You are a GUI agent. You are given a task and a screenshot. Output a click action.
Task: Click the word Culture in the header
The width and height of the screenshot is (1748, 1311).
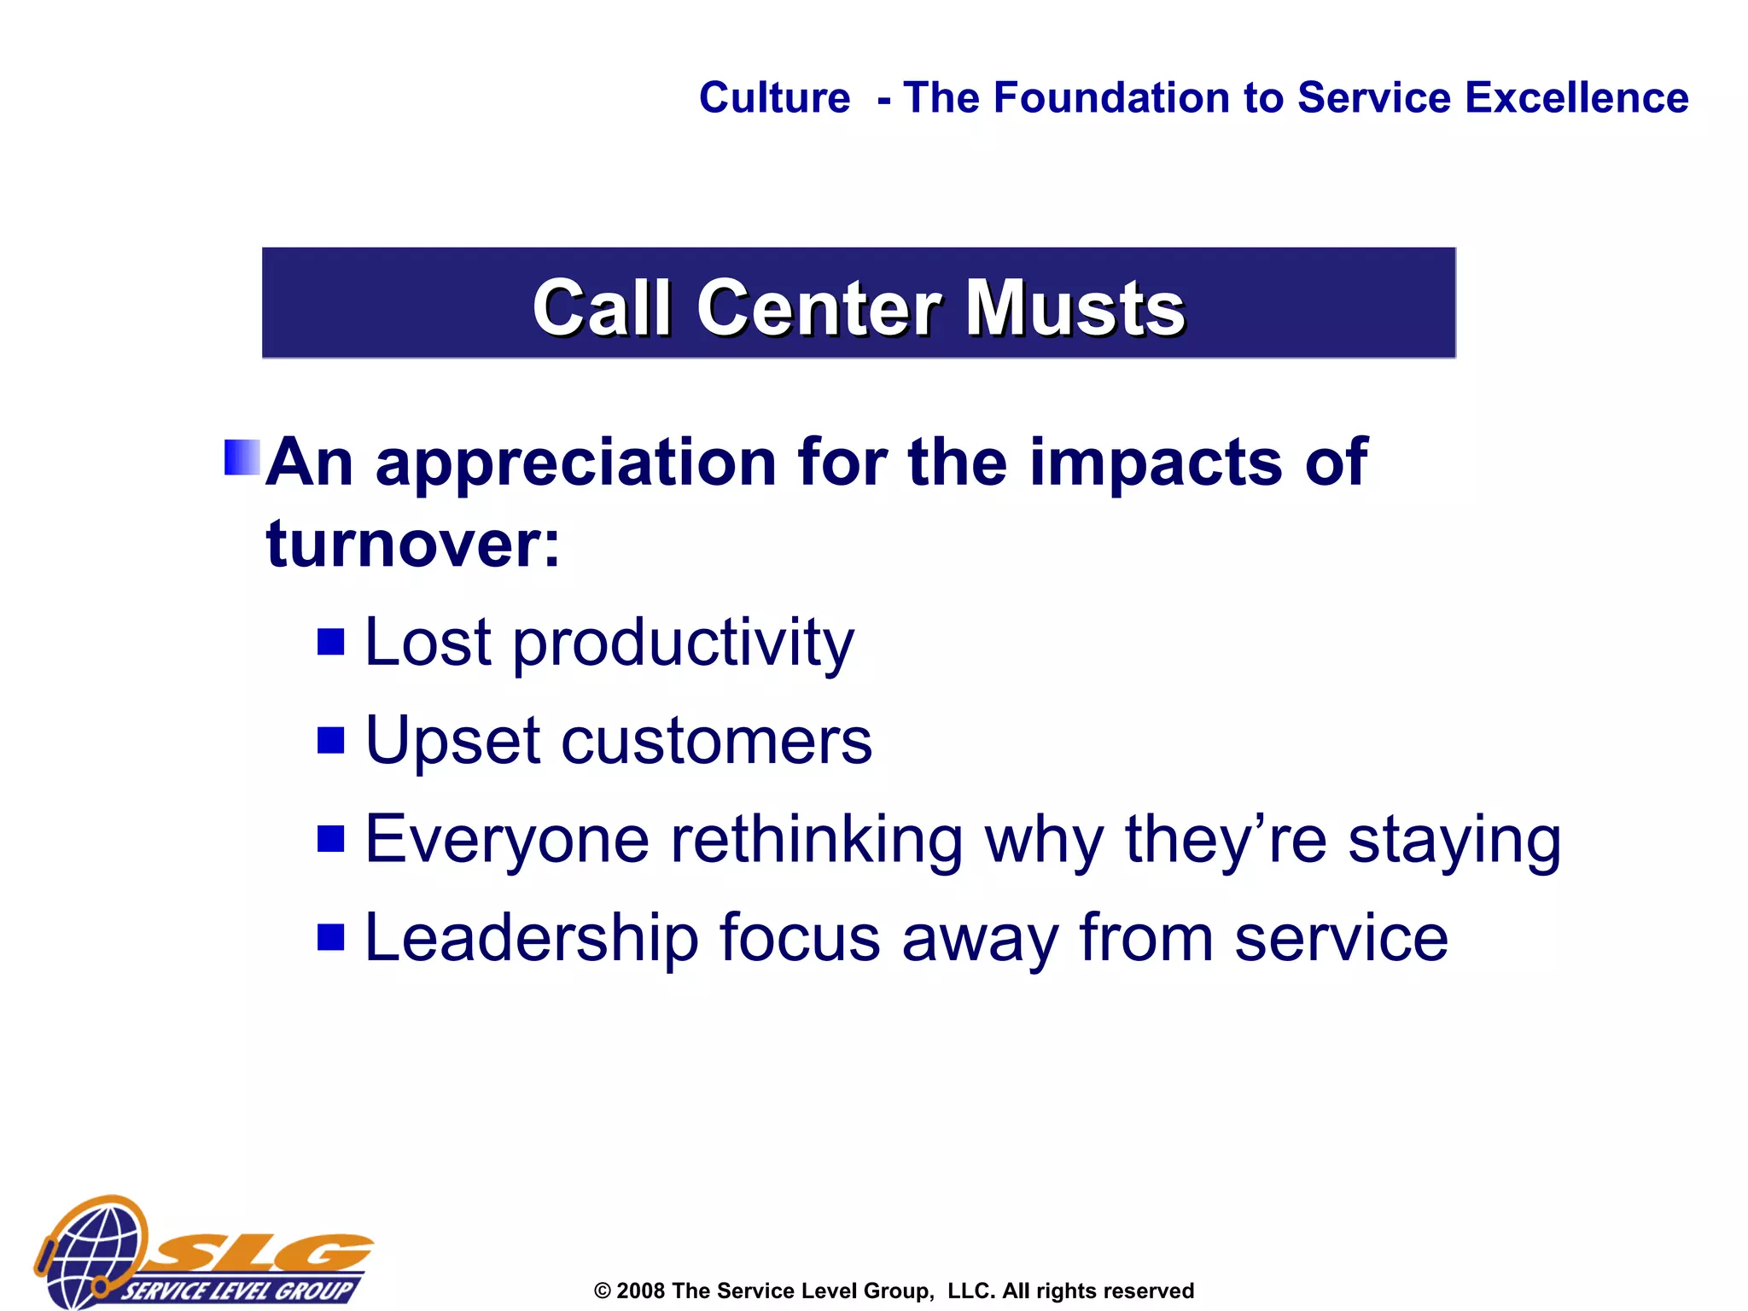point(774,97)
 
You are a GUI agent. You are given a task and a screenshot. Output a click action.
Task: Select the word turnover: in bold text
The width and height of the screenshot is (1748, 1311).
point(413,544)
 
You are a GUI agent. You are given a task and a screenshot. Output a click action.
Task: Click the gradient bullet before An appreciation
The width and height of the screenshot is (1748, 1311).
point(242,457)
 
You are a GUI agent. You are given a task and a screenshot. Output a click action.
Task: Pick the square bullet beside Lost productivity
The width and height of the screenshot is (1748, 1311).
point(330,642)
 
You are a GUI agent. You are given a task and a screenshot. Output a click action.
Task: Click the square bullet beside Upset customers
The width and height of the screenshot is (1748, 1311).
point(330,740)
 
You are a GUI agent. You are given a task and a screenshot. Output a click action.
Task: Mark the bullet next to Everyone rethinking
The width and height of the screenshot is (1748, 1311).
point(330,839)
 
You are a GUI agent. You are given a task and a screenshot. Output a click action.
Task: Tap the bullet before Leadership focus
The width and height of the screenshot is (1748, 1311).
point(330,937)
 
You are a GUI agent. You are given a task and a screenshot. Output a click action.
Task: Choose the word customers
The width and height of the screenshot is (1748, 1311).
point(716,741)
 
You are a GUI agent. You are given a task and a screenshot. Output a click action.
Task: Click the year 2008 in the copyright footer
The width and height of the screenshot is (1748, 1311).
point(640,1291)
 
